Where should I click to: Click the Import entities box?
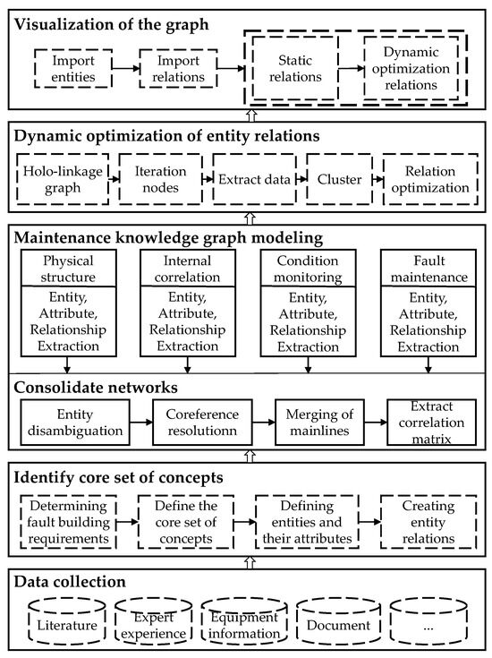point(70,68)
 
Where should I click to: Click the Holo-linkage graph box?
point(60,178)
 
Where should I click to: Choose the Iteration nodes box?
point(157,178)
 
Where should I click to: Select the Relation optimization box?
point(425,178)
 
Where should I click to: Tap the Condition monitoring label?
point(309,271)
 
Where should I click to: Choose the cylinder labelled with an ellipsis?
point(428,619)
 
